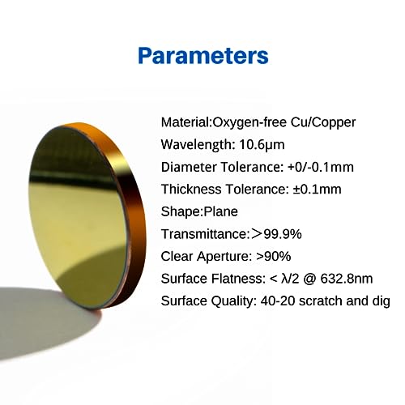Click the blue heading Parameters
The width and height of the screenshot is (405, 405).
pos(203,56)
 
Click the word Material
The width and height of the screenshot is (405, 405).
pos(185,122)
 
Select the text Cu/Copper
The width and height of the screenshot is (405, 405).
pos(323,123)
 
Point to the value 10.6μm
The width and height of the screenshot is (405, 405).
pos(262,145)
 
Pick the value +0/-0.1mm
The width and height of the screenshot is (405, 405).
pos(321,167)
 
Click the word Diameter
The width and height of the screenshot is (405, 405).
pos(189,167)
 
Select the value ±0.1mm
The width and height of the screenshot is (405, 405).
pos(317,190)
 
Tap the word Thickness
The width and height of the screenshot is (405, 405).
pos(191,190)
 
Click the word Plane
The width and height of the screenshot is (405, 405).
pos(220,211)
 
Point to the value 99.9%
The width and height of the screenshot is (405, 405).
pos(283,234)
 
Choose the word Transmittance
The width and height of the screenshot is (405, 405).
pos(204,234)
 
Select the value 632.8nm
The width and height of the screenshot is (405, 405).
pos(347,279)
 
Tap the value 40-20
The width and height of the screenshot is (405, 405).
pos(277,301)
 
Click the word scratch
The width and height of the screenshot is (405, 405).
pos(321,301)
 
